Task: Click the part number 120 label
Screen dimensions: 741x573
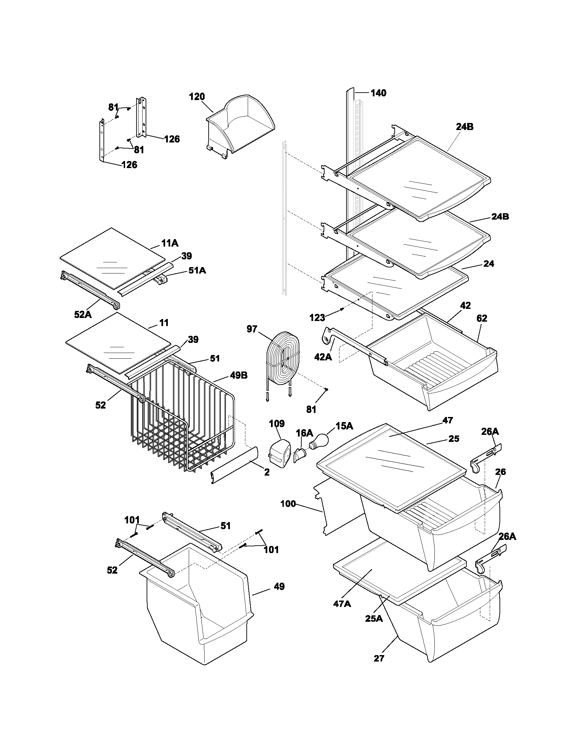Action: tap(197, 97)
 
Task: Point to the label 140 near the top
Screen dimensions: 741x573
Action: tap(378, 93)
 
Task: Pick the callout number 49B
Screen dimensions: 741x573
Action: tap(239, 375)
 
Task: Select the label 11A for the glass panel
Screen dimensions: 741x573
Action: tap(170, 243)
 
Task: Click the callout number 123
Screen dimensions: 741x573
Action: tap(318, 318)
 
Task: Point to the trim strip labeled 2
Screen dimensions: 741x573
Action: tap(234, 465)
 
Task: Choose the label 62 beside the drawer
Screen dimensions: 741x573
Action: tap(482, 318)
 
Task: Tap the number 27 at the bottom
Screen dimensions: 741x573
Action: tap(379, 658)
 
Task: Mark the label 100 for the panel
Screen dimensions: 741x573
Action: tap(288, 504)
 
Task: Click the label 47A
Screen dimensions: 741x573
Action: tap(342, 604)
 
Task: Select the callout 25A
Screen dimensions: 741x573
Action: tap(374, 618)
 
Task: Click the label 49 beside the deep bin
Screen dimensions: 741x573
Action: tap(279, 586)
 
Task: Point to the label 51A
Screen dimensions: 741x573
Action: tap(197, 270)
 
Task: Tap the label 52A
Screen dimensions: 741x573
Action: tap(83, 315)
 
